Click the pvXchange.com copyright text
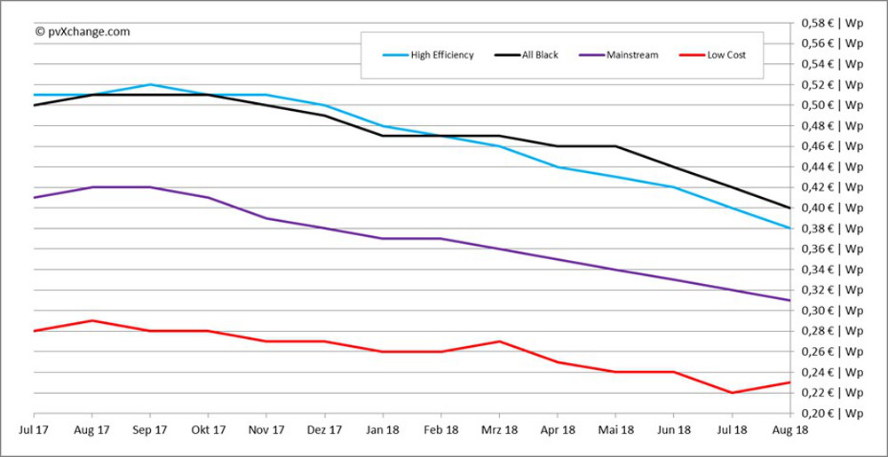pos(83,31)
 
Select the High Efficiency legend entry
pos(441,55)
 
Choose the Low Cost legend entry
pos(725,55)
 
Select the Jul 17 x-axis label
pos(34,429)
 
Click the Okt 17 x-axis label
pos(208,429)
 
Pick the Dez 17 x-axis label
pos(324,429)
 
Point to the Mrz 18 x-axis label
pos(499,429)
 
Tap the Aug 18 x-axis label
pos(789,429)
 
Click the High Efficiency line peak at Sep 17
pos(150,84)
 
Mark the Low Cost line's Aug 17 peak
pos(92,320)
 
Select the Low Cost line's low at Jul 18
pos(732,392)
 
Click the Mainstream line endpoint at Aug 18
pos(789,300)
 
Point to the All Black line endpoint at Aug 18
pos(789,208)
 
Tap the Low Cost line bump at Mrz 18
pos(499,341)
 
